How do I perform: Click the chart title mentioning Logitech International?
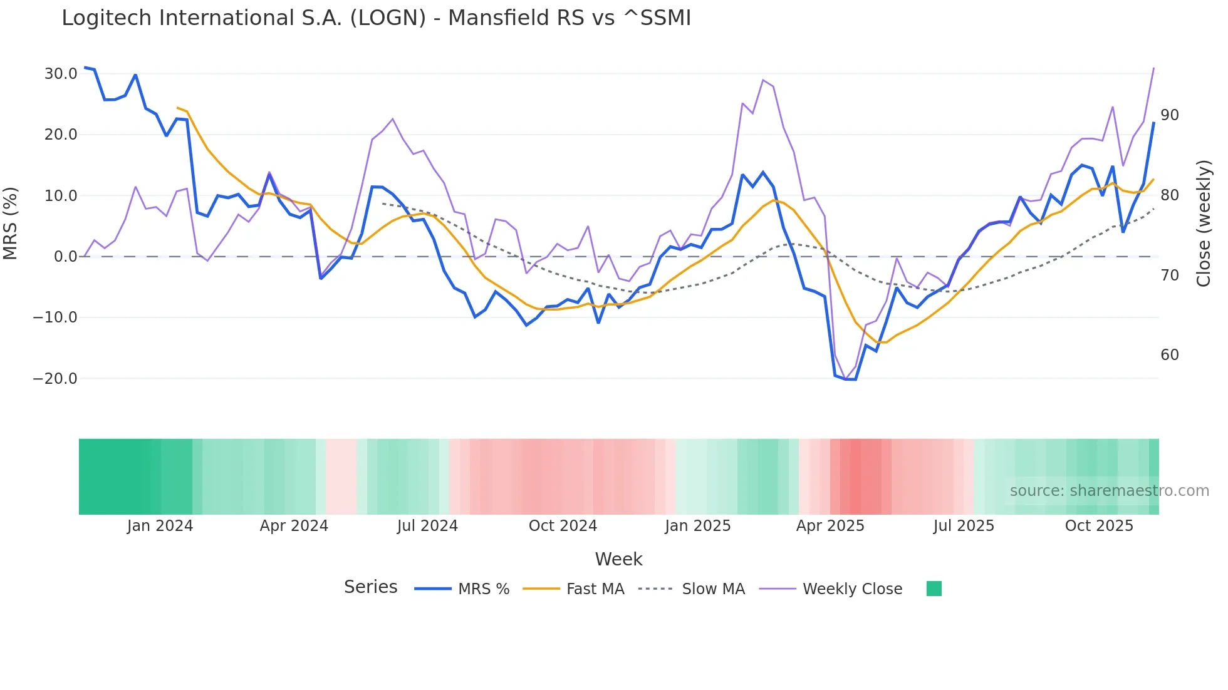pos(376,18)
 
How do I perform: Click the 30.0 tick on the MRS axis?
pos(61,74)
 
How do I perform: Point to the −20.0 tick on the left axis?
pos(55,379)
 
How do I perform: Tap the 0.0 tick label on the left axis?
pos(65,257)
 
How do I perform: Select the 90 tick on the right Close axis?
pos(1169,115)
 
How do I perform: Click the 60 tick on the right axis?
pos(1169,355)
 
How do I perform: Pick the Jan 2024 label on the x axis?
pos(160,526)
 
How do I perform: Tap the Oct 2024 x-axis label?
pos(563,526)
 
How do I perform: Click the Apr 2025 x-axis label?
pos(830,526)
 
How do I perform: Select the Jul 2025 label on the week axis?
pos(964,526)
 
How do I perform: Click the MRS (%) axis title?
pos(11,224)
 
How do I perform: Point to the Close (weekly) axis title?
pos(1204,224)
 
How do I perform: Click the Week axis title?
pos(618,559)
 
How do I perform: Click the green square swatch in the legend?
pos(934,589)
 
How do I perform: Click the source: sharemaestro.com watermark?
pos(1109,491)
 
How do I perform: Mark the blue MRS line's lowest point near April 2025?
pos(850,379)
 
